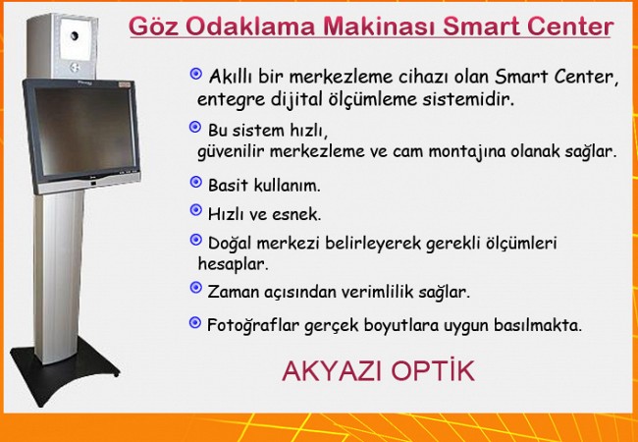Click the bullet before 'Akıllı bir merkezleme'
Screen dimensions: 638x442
click(196, 74)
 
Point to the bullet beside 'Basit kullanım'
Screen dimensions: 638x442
click(196, 182)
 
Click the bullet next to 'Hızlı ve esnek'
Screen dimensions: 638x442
click(196, 210)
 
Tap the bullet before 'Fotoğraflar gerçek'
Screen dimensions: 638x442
click(195, 323)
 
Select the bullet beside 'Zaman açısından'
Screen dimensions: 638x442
click(196, 288)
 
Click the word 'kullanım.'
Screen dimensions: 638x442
click(288, 186)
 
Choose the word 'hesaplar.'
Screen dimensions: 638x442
click(234, 264)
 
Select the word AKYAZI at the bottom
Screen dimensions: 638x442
click(333, 371)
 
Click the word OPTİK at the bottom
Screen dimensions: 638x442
click(433, 370)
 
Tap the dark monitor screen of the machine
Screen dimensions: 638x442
click(84, 131)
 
